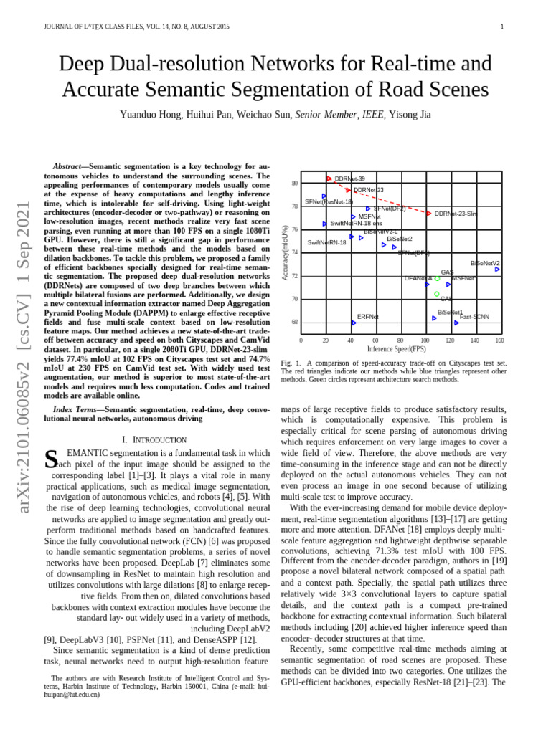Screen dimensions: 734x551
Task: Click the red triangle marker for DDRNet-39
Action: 329,178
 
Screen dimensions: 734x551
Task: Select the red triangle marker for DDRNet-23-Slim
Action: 429,214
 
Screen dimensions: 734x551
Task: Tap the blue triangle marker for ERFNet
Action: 353,323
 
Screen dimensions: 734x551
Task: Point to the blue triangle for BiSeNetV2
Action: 497,270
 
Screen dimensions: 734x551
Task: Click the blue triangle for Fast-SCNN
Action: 455,323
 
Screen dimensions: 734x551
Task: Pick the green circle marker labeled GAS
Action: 436,294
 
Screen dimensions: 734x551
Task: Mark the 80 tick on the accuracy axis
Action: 294,183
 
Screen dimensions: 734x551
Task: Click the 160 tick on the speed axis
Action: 499,340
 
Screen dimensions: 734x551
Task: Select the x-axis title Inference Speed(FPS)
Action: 396,349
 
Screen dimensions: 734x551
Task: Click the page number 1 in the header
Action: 502,27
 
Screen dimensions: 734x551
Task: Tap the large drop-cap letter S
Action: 50,459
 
